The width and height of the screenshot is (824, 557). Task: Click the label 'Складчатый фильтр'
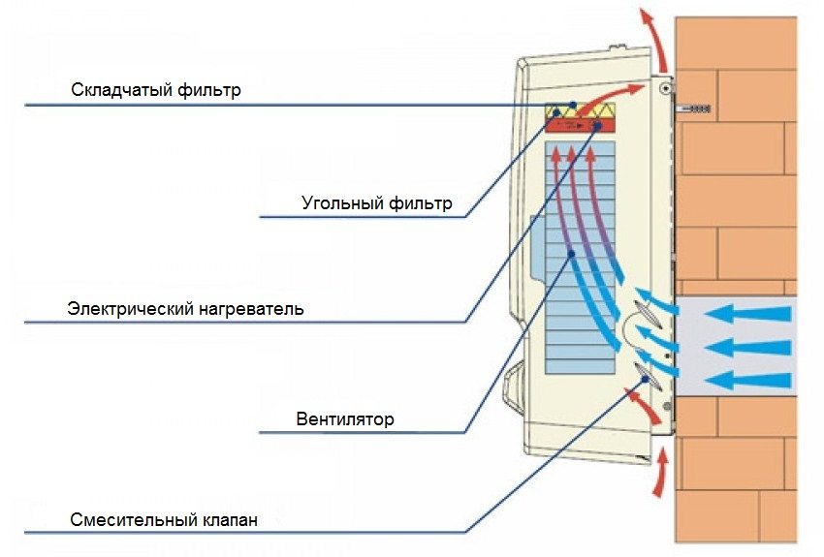155,91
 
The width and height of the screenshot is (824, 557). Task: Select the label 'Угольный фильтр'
377,204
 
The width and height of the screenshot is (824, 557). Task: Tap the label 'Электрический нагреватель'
186,310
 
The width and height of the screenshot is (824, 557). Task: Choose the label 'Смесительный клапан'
164,521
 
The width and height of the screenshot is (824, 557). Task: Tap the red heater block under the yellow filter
579,126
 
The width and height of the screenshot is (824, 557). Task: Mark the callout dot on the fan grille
573,254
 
